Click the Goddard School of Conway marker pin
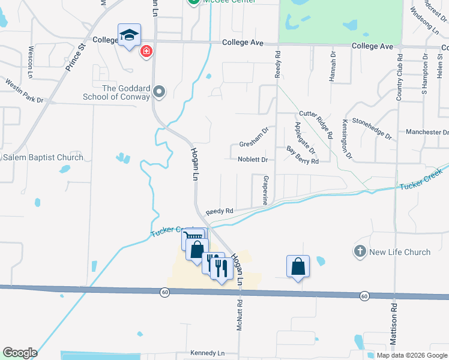coord(159,92)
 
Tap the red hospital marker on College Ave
coord(145,52)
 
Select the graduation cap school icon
coord(129,35)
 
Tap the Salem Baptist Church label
coord(43,158)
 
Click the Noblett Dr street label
coord(252,160)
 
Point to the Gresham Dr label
coord(253,145)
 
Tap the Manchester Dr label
coord(427,132)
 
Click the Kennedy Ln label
coord(207,353)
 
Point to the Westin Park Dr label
coord(25,91)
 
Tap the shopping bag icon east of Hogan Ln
coord(298,266)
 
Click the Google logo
coord(19,353)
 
